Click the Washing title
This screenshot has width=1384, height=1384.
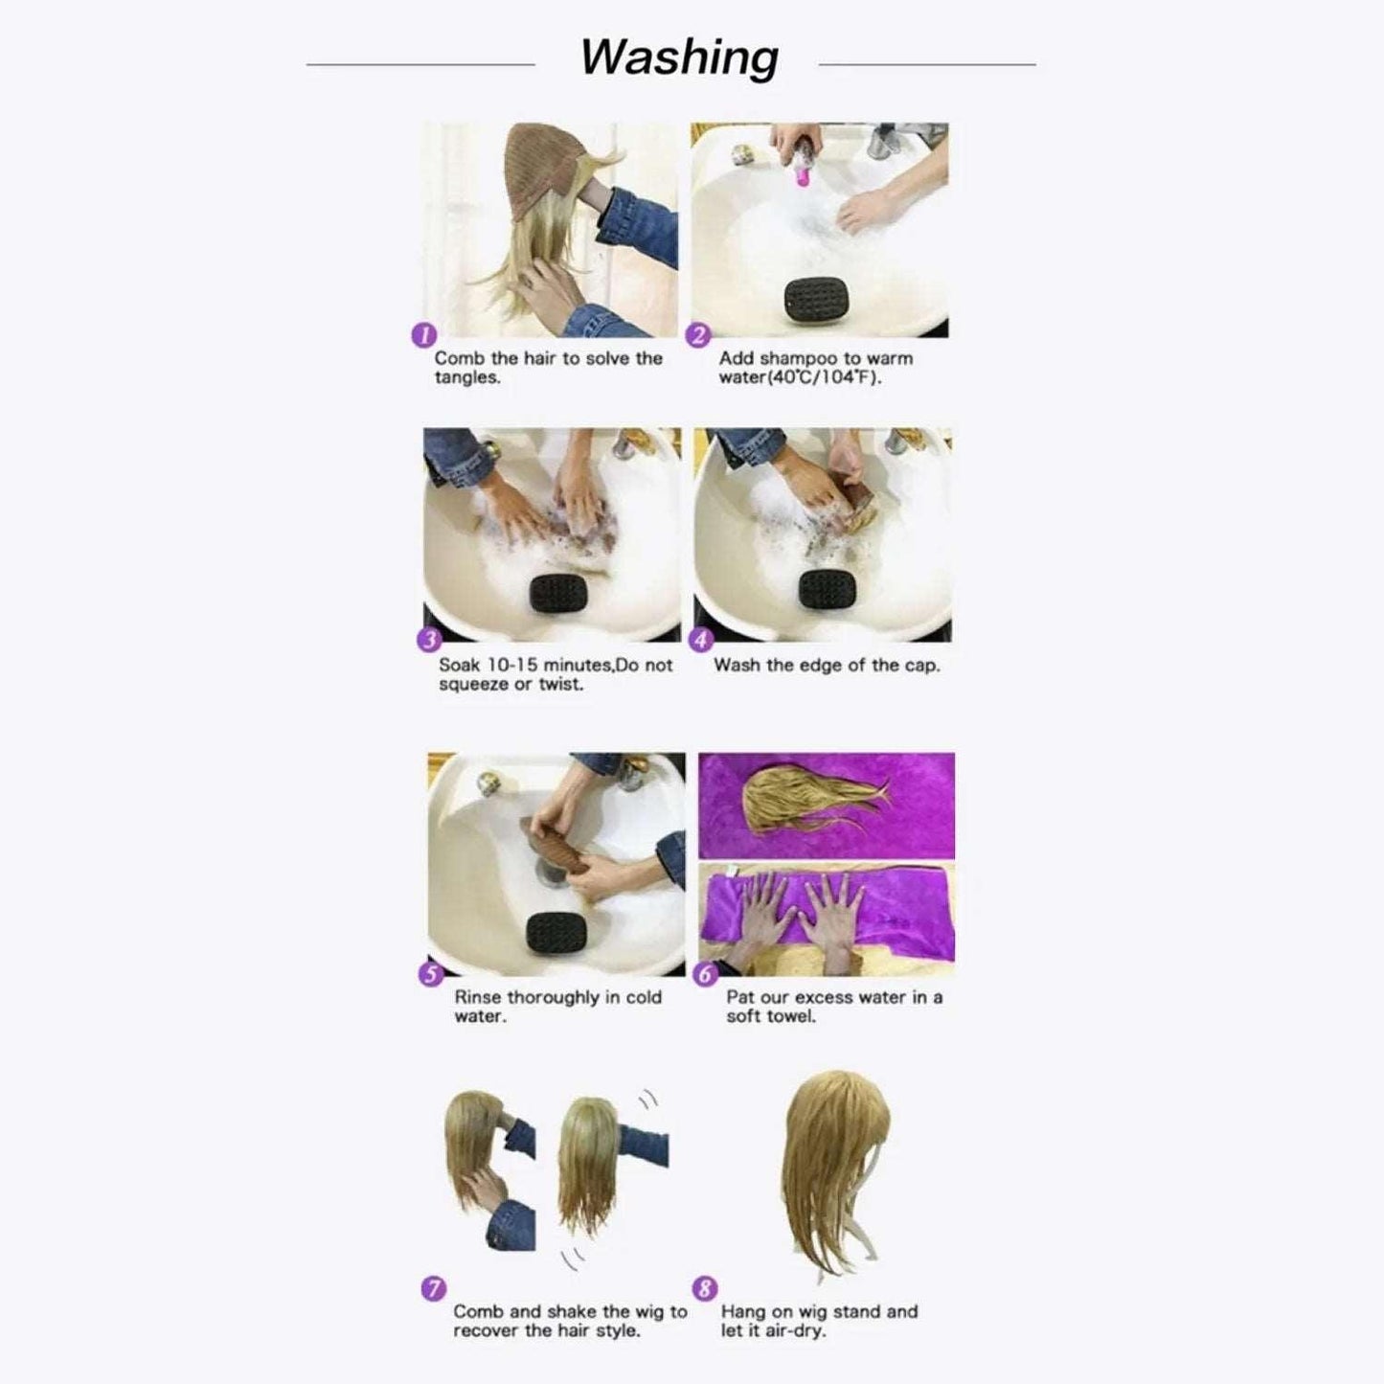(x=678, y=57)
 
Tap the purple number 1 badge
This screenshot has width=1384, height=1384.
(x=424, y=334)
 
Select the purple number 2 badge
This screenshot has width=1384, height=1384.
(x=698, y=334)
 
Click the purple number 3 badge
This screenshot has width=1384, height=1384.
(x=429, y=640)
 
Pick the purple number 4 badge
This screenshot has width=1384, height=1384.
(x=701, y=640)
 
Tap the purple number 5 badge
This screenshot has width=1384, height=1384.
(x=431, y=974)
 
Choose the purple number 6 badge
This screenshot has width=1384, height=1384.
(x=705, y=974)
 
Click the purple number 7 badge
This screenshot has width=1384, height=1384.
(x=434, y=1288)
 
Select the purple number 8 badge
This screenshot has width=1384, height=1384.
(x=705, y=1288)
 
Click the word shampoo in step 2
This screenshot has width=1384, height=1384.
(x=799, y=358)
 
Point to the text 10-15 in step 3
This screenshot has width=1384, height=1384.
(x=519, y=665)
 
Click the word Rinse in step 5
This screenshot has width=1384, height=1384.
(x=477, y=997)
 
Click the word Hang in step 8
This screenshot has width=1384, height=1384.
(x=742, y=1311)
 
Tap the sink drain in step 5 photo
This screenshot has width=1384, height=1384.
(x=552, y=873)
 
